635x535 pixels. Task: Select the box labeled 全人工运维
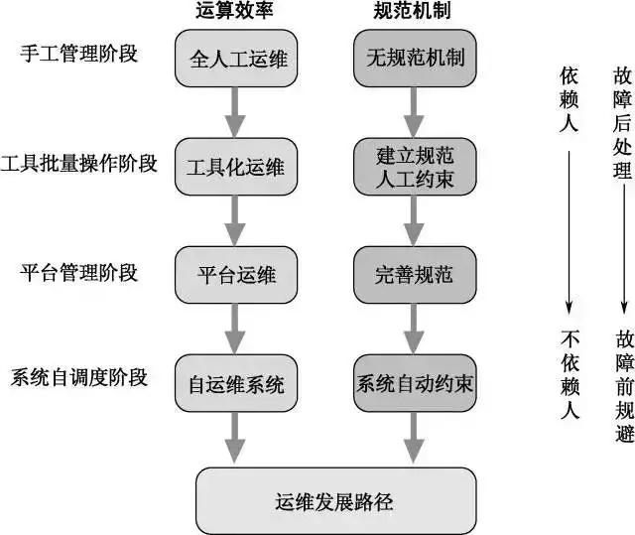click(x=235, y=59)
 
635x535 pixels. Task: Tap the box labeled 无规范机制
click(x=408, y=59)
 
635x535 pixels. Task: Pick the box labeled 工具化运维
click(x=235, y=166)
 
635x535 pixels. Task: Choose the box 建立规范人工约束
click(x=408, y=166)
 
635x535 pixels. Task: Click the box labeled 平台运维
click(x=235, y=275)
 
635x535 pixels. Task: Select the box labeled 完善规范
click(x=408, y=275)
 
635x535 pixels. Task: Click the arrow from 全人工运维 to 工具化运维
click(x=235, y=111)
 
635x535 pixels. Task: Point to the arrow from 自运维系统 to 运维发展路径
click(x=235, y=437)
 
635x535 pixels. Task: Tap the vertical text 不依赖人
click(x=570, y=372)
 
